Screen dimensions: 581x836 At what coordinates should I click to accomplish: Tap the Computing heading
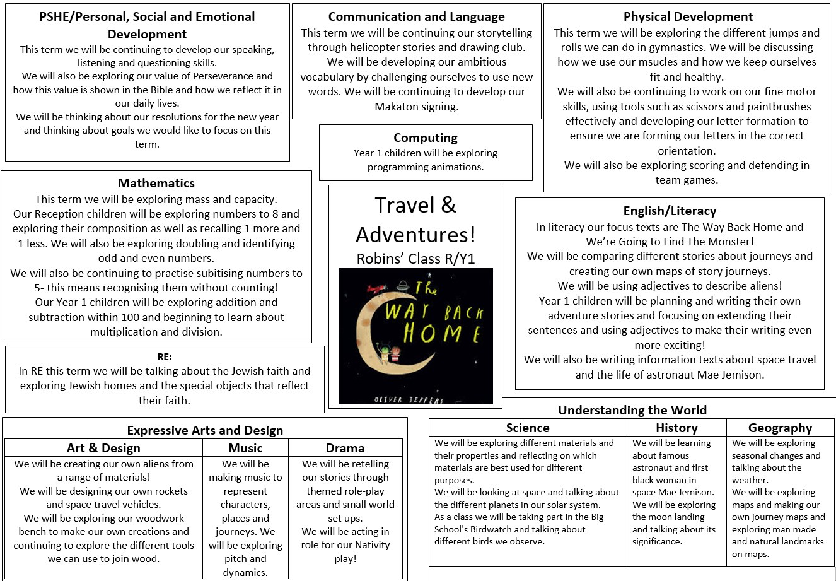click(426, 138)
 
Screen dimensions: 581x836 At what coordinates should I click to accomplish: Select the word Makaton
click(400, 107)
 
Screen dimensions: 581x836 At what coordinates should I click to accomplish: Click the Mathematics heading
click(156, 183)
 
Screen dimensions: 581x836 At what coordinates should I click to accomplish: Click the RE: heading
click(165, 357)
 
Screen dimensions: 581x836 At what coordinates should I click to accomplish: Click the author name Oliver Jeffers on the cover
click(409, 399)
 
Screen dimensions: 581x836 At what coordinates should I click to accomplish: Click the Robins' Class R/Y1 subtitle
click(415, 259)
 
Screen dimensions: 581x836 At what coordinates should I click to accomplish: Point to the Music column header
click(245, 448)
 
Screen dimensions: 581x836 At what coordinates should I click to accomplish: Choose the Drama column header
click(345, 448)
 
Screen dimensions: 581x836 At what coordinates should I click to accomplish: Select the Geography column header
click(780, 428)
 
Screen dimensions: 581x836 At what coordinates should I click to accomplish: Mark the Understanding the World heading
click(632, 410)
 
